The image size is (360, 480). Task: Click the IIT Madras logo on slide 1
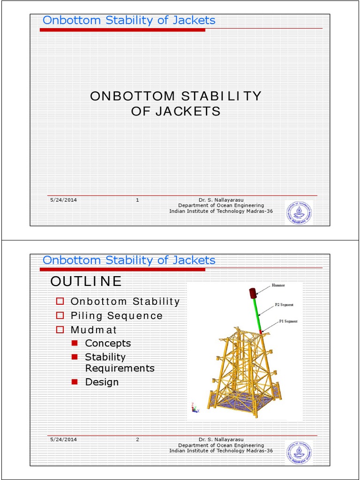299,213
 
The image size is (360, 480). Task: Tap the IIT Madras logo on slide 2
299,452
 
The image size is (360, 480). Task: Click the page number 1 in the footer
137,200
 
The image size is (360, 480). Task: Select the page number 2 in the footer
137,439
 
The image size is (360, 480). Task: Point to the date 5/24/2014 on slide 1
63,200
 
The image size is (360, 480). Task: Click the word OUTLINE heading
86,281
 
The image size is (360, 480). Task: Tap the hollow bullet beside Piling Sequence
60,315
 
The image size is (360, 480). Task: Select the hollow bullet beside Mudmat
60,330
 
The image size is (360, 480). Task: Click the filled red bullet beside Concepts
74,343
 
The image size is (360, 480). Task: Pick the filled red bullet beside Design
74,382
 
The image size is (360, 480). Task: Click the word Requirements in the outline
120,368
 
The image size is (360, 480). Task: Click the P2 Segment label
285,305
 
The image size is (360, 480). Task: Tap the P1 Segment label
288,321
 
